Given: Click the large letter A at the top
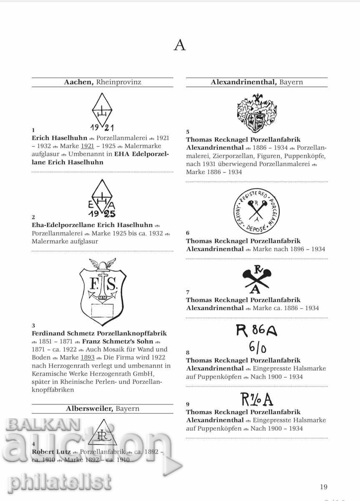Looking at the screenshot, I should click(x=179, y=45).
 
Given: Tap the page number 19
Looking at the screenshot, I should click(x=324, y=486).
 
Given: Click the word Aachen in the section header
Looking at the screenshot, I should click(x=78, y=82).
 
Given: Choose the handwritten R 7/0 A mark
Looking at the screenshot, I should click(x=257, y=400).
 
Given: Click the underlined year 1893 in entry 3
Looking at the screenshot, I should click(x=87, y=358).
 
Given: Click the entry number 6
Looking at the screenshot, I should click(x=188, y=233).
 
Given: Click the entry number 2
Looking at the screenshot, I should click(x=34, y=217).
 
